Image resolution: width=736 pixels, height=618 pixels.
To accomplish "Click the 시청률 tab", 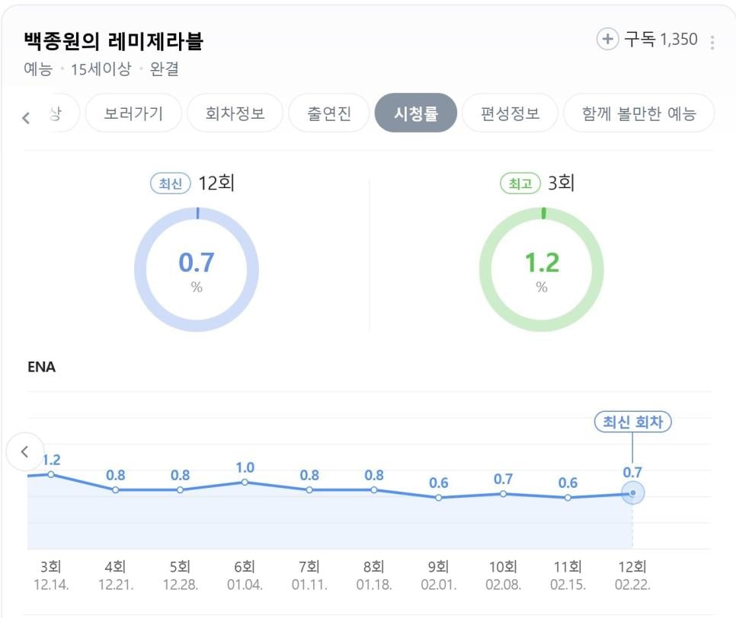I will (x=415, y=113).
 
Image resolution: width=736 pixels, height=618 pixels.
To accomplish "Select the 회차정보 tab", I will (x=235, y=113).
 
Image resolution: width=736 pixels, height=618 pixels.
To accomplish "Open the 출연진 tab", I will (x=329, y=113).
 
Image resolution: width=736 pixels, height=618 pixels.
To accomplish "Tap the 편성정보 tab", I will (x=510, y=113).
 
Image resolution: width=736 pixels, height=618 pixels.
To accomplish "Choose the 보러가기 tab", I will (x=133, y=113).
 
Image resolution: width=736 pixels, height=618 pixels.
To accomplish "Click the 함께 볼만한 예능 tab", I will (x=638, y=113).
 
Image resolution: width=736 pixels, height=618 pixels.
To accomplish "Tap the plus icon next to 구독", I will (x=607, y=40).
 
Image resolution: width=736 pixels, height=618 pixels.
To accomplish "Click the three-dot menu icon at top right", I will (x=712, y=42).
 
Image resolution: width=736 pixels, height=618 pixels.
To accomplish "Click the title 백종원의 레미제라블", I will (x=114, y=41).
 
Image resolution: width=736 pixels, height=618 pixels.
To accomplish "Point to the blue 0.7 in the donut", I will (x=197, y=263).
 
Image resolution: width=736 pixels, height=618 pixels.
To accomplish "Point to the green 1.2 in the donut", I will (x=541, y=263).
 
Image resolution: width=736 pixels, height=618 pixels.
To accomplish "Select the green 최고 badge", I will (x=520, y=184).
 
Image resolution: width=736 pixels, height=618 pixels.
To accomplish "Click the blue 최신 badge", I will (x=170, y=184).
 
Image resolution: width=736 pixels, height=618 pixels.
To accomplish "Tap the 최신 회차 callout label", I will (x=632, y=422).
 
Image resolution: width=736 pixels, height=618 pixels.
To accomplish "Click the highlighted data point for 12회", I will (x=632, y=492).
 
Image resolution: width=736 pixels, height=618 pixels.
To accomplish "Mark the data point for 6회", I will (x=245, y=482).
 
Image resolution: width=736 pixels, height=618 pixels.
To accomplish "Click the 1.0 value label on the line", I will (x=245, y=467).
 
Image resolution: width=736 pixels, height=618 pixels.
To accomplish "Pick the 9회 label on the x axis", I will (x=438, y=567).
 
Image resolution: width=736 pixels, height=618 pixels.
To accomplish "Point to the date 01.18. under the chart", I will (x=373, y=585).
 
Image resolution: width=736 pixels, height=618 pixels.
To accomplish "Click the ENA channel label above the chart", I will (x=41, y=367).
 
